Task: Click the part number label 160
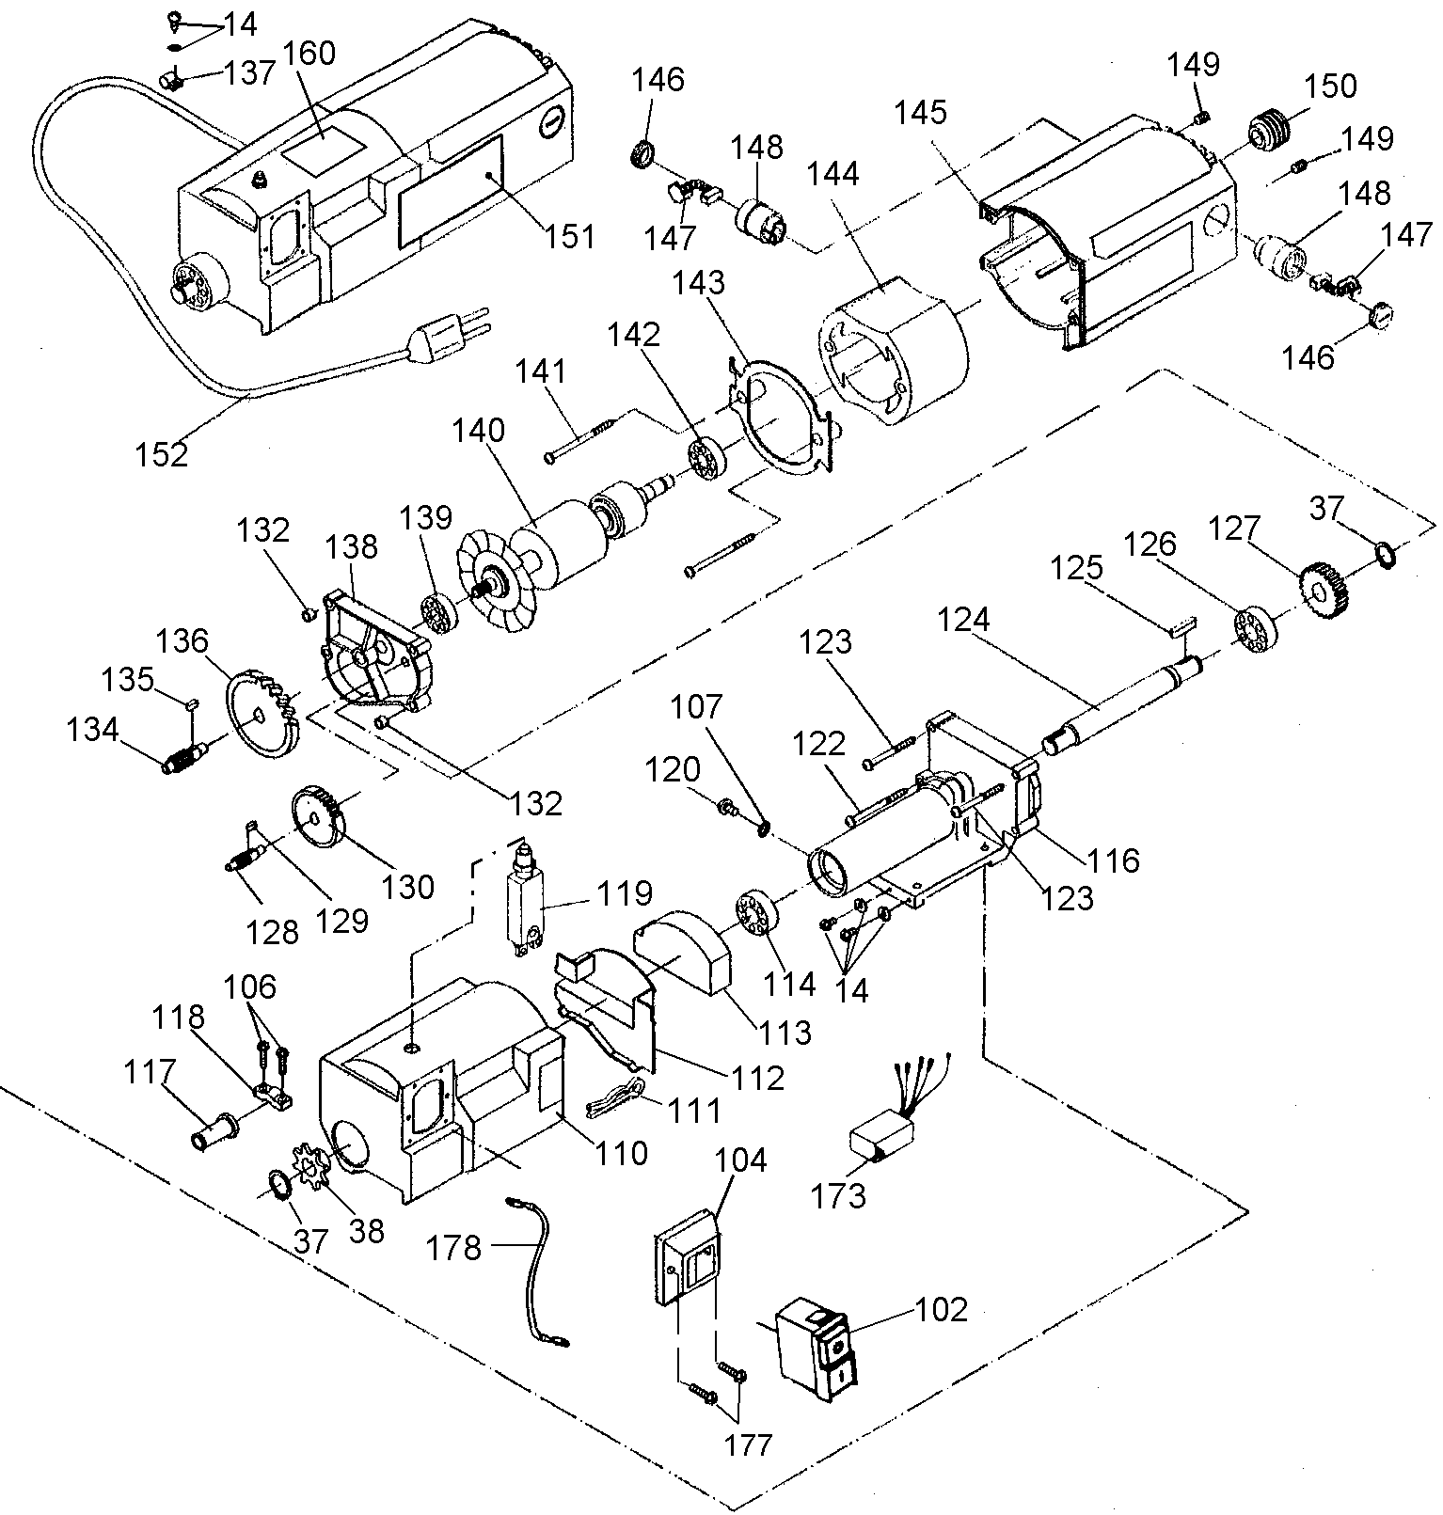pos(309,54)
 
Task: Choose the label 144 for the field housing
pos(832,174)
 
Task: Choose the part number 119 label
pos(629,892)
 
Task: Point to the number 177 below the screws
pos(749,1444)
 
